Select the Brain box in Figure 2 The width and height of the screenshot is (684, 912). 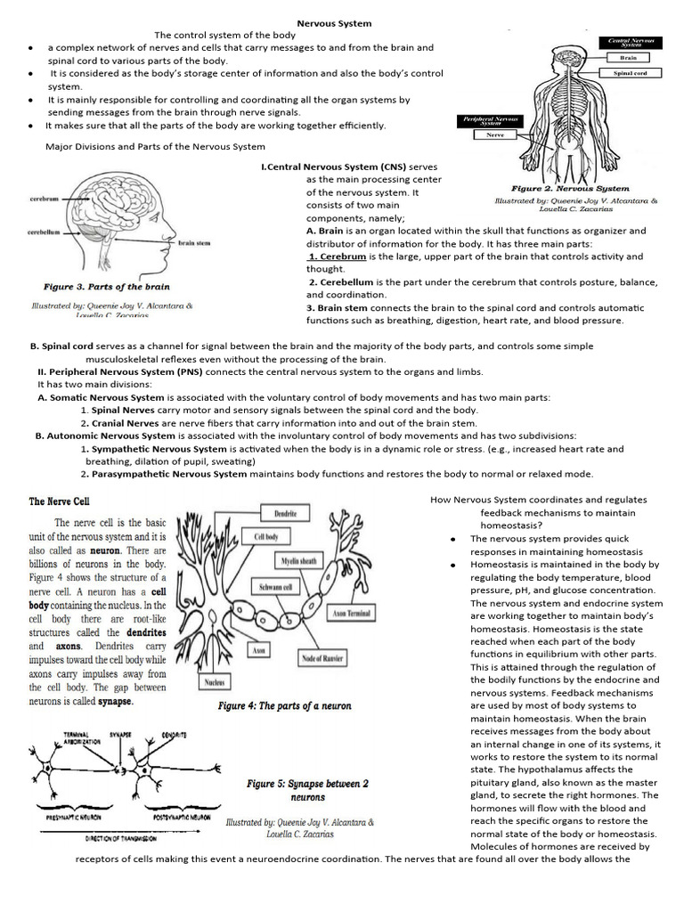point(629,57)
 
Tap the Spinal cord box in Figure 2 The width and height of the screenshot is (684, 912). point(629,73)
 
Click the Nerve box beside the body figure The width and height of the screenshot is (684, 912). point(494,134)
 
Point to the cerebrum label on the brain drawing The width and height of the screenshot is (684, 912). point(44,199)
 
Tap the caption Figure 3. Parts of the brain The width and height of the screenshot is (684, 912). point(107,287)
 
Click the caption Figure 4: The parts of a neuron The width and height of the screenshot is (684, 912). point(285,705)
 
